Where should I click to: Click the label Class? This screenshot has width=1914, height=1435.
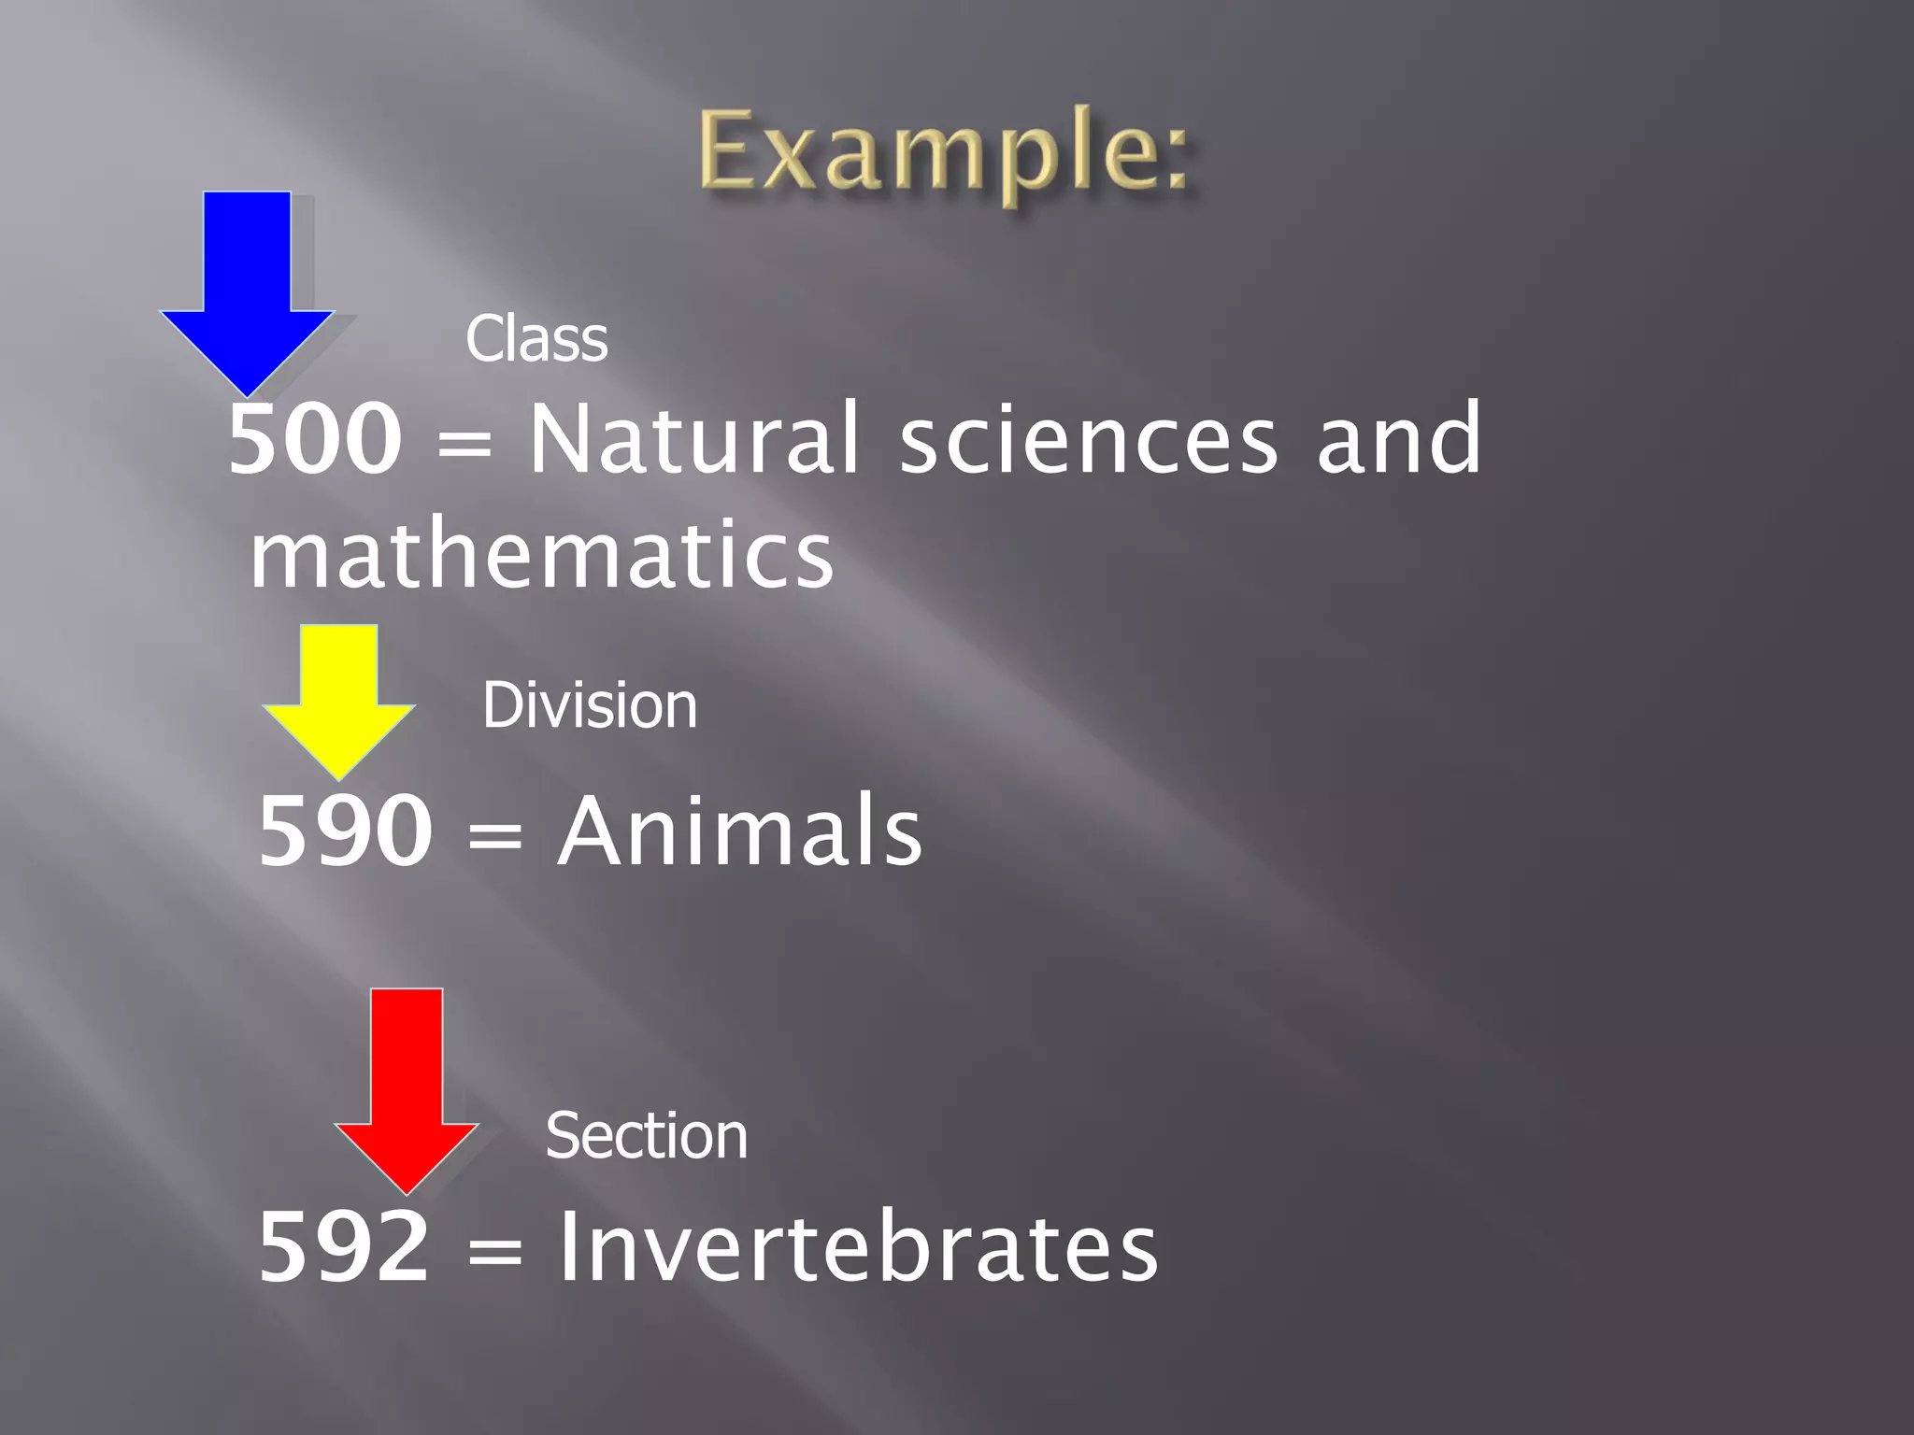click(x=536, y=338)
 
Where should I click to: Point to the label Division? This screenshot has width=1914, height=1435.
click(x=589, y=705)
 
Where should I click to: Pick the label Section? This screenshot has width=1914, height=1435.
click(x=646, y=1136)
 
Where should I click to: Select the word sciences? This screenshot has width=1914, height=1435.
click(x=1088, y=439)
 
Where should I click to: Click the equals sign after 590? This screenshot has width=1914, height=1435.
click(x=494, y=834)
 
